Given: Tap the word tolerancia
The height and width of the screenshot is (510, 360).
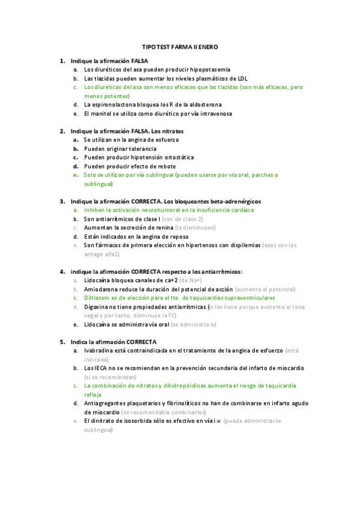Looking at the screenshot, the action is coord(141,149).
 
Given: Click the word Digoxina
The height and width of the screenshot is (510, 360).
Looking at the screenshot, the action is coord(98,307).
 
